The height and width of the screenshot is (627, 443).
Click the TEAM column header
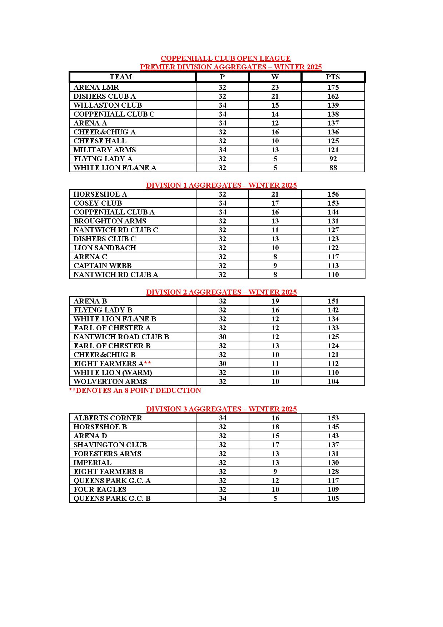121,77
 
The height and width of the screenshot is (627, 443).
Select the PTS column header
333,77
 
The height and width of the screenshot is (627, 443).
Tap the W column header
275,77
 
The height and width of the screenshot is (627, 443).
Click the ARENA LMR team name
96,87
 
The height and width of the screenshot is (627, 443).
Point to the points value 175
333,87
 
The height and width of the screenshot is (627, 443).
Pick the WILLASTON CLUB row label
108,105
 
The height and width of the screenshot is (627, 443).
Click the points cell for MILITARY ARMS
333,150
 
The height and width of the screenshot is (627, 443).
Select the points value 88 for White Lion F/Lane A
333,168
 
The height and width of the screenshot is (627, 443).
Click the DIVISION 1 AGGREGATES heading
221,185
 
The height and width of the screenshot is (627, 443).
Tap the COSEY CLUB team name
98,203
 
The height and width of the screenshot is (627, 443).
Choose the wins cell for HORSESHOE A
275,194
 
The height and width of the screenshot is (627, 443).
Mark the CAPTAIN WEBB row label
103,266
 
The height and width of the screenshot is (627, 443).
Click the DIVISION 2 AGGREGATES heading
221,292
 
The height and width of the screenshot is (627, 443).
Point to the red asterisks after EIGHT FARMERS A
148,363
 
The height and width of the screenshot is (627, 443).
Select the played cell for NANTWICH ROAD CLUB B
222,337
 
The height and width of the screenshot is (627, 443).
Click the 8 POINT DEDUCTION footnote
135,390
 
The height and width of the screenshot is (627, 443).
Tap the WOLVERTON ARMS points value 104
333,381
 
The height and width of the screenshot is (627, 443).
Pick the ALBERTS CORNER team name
108,418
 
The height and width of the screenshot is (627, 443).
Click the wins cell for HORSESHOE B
275,427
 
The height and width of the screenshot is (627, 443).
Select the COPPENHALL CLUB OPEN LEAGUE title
226,58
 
